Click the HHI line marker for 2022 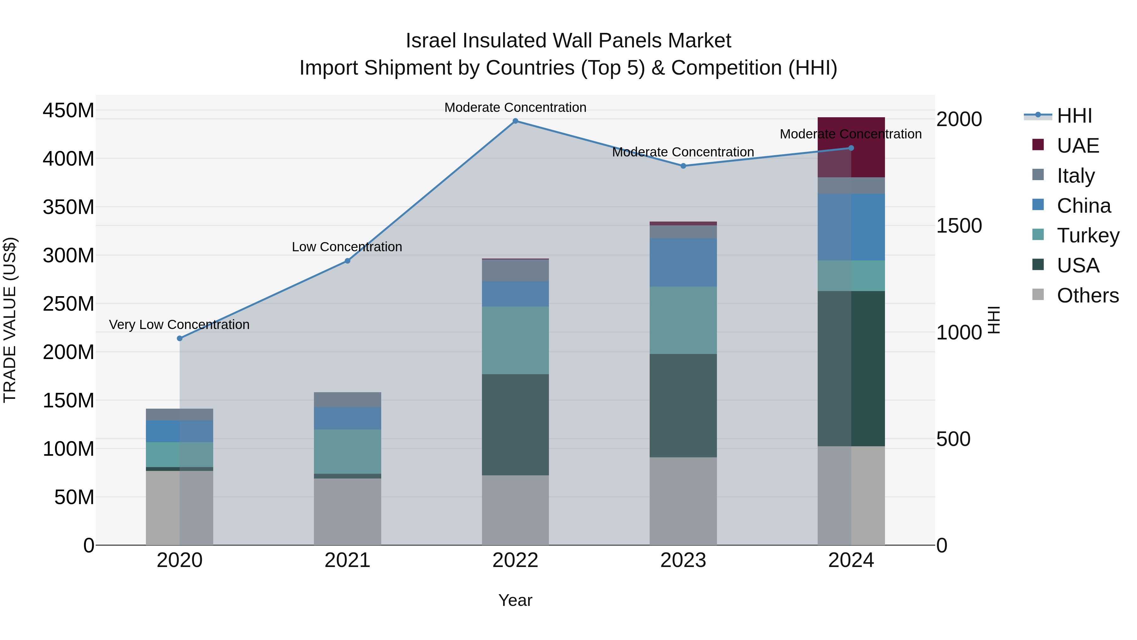coord(515,121)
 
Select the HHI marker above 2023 coord(683,166)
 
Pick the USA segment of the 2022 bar coord(515,424)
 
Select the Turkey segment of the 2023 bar coord(683,320)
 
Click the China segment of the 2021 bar coord(347,418)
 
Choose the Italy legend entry coord(1076,175)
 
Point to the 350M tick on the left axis coord(69,207)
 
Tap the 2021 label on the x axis coord(347,560)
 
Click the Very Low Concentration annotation coord(179,325)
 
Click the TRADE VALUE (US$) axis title coord(10,320)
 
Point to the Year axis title coord(515,600)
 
